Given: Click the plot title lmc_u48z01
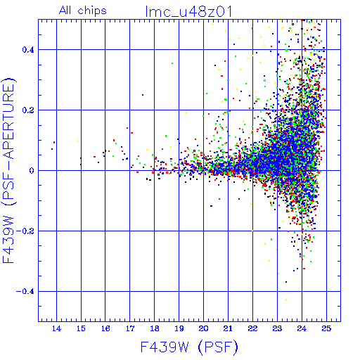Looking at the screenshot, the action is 188,11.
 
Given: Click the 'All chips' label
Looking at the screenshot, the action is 83,11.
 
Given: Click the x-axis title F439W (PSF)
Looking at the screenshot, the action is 189,347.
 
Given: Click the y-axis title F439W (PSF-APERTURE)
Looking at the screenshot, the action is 8,170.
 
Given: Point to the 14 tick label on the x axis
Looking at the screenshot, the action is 56,328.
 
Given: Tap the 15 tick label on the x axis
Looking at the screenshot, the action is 81,328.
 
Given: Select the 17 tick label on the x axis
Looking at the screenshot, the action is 130,328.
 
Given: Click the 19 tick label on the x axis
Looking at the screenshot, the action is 179,328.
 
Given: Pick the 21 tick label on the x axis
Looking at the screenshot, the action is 228,328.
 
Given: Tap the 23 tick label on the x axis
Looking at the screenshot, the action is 277,328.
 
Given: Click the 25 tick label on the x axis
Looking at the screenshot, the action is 326,328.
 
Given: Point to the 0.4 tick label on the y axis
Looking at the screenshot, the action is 28,50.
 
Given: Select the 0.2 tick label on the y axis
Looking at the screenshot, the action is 28,110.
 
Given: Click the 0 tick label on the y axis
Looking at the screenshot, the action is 32,171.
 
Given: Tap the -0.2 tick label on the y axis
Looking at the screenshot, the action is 25,231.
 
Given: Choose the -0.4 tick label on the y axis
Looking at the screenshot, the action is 25,292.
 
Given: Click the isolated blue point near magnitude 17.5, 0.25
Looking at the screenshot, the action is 143,95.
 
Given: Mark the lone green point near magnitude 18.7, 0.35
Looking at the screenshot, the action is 172,63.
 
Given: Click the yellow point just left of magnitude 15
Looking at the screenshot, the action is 77,141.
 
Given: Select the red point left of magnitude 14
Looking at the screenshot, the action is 54,142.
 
